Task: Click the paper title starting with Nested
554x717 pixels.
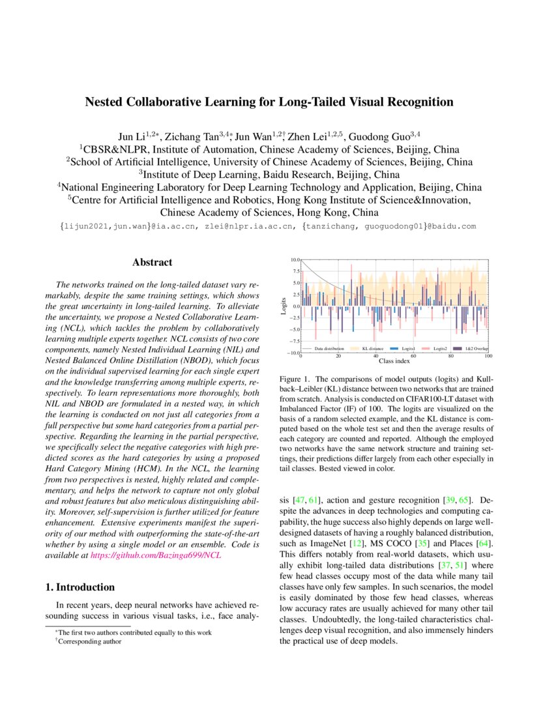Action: click(269, 102)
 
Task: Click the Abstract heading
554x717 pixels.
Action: click(152, 263)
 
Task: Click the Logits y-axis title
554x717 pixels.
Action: click(284, 306)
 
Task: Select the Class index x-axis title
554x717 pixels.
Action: click(394, 360)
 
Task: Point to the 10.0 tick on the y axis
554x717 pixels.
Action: click(295, 260)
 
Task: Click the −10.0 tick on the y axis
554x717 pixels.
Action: click(293, 353)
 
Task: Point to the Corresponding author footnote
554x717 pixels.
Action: click(89, 641)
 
